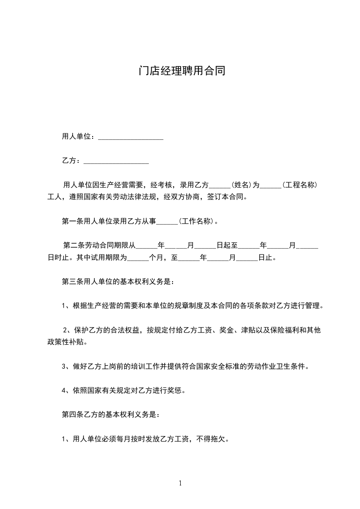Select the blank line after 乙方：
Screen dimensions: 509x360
pos(116,162)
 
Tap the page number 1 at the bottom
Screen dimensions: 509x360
pos(180,484)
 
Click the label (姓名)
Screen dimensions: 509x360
pos(241,185)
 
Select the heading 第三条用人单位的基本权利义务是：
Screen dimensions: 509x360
pos(117,281)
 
